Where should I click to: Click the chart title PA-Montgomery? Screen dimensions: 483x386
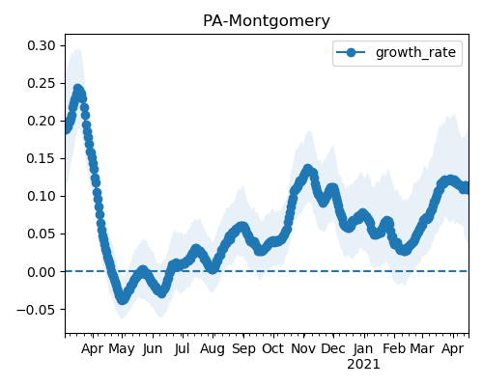click(x=267, y=21)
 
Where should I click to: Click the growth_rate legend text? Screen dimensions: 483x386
click(x=415, y=52)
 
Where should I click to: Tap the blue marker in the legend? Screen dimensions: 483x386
click(x=351, y=52)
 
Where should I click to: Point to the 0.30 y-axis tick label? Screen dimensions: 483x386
click(x=42, y=45)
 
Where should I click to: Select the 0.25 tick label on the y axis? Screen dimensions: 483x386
click(x=42, y=83)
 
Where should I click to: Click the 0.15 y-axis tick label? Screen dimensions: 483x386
click(x=42, y=158)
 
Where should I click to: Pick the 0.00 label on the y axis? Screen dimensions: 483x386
click(x=42, y=272)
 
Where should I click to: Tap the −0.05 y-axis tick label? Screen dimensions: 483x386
click(x=36, y=310)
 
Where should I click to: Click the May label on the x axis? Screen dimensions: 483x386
click(x=122, y=349)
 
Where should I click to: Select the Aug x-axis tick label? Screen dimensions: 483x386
click(x=213, y=349)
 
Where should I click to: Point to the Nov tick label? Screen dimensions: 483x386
click(x=303, y=348)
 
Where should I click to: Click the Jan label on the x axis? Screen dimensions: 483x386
click(x=363, y=348)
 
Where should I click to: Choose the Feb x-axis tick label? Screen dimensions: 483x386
click(x=394, y=348)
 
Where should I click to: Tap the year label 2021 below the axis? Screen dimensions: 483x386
click(x=363, y=365)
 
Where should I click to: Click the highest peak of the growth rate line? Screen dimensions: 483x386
click(x=78, y=89)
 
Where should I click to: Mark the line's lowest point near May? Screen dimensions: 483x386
click(x=123, y=300)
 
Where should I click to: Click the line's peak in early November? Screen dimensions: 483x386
click(x=308, y=169)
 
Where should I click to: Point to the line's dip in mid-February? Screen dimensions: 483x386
click(x=405, y=251)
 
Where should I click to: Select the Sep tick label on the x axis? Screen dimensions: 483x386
click(x=243, y=349)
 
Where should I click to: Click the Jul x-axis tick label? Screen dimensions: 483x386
click(x=182, y=349)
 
